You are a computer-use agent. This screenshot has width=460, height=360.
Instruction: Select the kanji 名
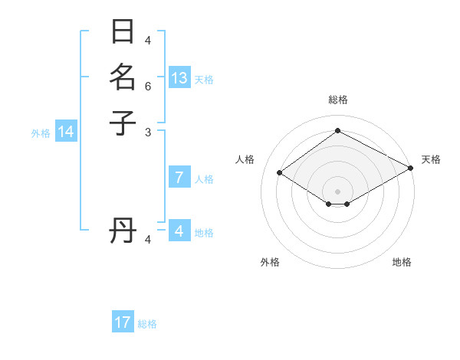[123, 78]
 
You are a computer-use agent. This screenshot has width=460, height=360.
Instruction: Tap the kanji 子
[123, 122]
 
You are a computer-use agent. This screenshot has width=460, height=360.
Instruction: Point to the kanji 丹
[123, 231]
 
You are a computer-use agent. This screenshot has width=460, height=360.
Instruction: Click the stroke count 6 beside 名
[149, 87]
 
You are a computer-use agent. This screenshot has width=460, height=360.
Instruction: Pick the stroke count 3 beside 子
[149, 132]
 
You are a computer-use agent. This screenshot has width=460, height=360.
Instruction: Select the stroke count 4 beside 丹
[149, 240]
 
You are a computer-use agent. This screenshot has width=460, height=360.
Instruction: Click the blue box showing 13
[179, 78]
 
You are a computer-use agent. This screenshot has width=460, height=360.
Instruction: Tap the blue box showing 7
[179, 178]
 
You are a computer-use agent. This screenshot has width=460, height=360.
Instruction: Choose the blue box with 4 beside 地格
[179, 231]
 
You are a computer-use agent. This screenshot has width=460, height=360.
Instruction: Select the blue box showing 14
[66, 132]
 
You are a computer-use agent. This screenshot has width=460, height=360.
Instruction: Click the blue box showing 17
[123, 322]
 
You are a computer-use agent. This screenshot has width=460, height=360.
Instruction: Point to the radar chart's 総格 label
[338, 100]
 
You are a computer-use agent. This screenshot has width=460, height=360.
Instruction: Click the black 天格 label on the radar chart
[431, 159]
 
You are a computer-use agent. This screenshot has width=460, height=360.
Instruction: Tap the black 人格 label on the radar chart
[245, 159]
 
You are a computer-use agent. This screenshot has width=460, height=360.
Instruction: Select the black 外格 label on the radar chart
[270, 262]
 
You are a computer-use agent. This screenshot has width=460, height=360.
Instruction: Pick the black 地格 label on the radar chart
[402, 262]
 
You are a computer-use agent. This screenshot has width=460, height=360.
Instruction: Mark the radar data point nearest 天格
[411, 169]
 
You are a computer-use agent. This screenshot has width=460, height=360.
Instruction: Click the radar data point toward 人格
[280, 173]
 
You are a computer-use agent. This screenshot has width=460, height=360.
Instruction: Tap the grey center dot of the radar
[338, 191]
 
